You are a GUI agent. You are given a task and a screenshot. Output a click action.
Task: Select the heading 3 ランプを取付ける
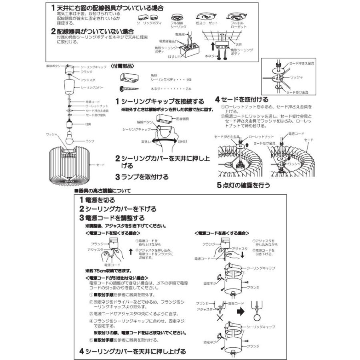click(142, 176)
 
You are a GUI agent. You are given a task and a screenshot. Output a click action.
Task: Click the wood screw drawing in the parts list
click(128, 88)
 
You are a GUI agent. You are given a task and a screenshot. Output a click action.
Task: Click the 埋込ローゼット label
click(207, 24)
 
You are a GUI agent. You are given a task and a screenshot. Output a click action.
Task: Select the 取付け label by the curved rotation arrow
click(182, 142)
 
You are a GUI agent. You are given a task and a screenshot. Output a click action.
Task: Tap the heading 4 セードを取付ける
click(241, 99)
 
